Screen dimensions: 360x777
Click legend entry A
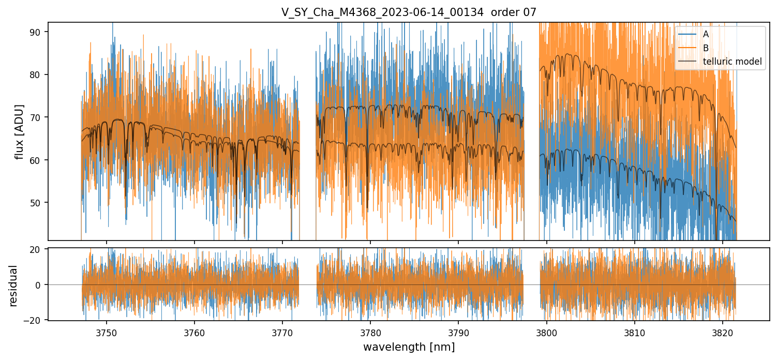pos(706,34)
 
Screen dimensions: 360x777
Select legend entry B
pos(706,48)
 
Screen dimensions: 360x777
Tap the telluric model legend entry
pos(732,62)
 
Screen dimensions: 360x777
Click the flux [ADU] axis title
pos(20,131)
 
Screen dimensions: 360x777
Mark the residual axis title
pos(13,285)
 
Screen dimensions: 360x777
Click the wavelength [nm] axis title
pos(409,347)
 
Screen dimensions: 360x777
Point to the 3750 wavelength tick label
pos(107,332)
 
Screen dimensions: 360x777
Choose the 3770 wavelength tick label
pos(282,332)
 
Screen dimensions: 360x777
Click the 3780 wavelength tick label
pos(370,332)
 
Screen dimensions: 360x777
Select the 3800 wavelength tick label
pos(547,332)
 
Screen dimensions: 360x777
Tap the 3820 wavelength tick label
pos(723,332)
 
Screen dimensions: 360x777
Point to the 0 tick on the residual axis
pos(40,285)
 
